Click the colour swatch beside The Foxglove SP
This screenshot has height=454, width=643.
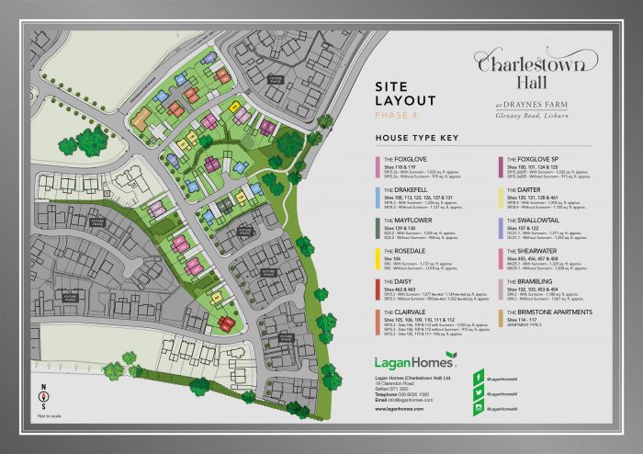[498, 166]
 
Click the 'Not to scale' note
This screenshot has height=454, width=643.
[42, 416]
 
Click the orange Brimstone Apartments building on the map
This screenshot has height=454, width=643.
[141, 119]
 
